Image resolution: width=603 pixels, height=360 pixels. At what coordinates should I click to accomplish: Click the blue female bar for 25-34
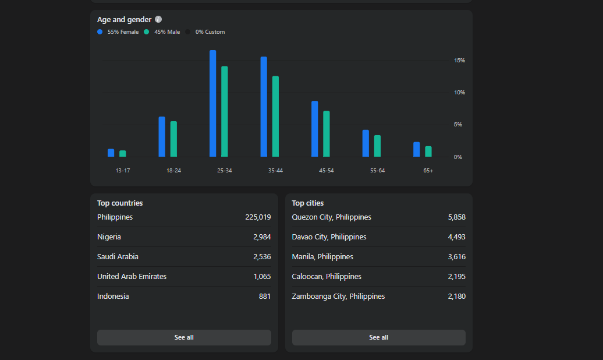(x=212, y=103)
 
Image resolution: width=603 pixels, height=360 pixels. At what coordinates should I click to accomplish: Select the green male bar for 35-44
(x=275, y=117)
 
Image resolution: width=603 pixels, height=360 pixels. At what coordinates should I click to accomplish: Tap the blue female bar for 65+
(x=417, y=149)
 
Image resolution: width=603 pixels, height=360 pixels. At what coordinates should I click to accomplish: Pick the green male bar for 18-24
(x=173, y=139)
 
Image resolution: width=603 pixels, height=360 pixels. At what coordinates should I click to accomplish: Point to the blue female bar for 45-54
(x=314, y=129)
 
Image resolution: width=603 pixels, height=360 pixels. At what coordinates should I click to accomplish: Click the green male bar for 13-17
(x=123, y=154)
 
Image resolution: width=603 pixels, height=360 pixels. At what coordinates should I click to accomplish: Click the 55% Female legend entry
(x=118, y=32)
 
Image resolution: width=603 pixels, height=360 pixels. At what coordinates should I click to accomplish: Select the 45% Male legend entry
(x=162, y=32)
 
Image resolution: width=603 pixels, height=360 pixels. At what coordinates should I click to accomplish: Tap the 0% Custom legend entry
(x=205, y=32)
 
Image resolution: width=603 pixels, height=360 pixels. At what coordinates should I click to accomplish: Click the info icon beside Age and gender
(x=158, y=19)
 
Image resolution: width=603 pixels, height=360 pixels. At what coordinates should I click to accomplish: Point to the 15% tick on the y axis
(x=459, y=61)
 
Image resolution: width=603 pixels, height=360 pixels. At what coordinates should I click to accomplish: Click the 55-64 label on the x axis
(x=377, y=171)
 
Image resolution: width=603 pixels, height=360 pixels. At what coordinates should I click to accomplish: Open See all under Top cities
(x=379, y=337)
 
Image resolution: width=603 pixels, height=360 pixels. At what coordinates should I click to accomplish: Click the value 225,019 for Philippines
(x=258, y=217)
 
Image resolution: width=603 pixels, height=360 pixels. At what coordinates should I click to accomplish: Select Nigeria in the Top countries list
(x=109, y=237)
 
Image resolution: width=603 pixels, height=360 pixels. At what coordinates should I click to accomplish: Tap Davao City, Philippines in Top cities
(x=329, y=237)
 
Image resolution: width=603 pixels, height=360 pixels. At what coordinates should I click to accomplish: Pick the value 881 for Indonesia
(x=265, y=296)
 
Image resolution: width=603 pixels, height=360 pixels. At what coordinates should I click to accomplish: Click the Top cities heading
(x=308, y=203)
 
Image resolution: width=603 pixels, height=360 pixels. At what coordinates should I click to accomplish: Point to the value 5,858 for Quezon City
(x=456, y=217)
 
